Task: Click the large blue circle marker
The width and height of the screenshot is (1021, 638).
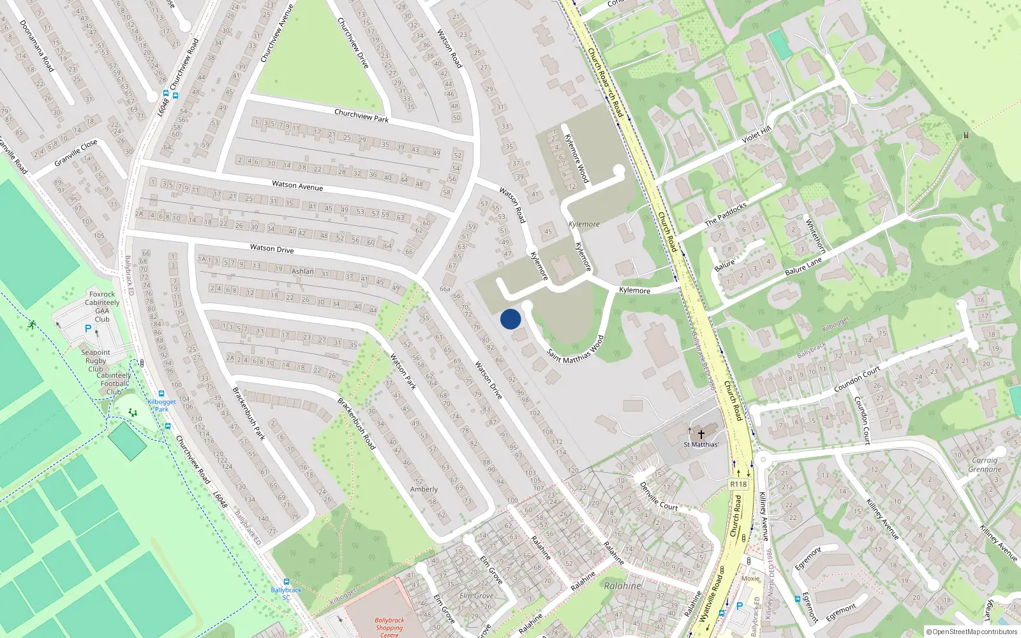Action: click(x=511, y=319)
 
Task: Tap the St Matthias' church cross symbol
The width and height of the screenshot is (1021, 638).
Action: click(x=701, y=434)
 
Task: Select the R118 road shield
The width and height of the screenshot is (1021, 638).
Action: click(x=738, y=484)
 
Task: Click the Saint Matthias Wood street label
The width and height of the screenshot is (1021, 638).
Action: click(x=575, y=350)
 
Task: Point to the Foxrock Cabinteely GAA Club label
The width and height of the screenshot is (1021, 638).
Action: click(x=102, y=307)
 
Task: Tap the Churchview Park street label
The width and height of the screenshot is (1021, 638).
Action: click(x=361, y=115)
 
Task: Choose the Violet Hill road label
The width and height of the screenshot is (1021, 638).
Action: click(x=756, y=135)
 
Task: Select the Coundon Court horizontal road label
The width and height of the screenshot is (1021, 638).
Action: click(x=857, y=379)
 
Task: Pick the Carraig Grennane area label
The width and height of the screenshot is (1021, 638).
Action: click(x=985, y=464)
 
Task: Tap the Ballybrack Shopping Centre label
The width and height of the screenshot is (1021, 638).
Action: click(x=389, y=627)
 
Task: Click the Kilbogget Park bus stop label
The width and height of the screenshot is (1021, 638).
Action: click(x=161, y=405)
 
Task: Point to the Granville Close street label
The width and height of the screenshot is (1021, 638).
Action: click(x=75, y=153)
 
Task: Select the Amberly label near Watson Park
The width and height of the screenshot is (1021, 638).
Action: click(x=424, y=489)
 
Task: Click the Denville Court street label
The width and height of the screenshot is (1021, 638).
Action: click(x=659, y=496)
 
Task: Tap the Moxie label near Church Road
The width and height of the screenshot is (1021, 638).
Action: click(x=750, y=579)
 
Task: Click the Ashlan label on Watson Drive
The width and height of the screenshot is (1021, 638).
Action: click(x=302, y=271)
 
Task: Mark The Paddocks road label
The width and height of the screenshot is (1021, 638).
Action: click(x=726, y=214)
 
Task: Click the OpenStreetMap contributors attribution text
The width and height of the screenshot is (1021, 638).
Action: click(x=972, y=632)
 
